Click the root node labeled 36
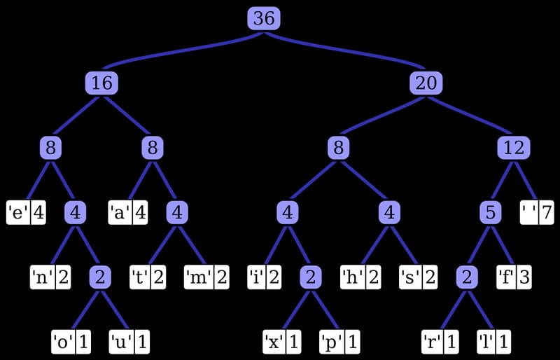coord(264,18)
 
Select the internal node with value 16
coord(101,83)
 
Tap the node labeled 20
coord(426,83)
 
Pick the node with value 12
coord(514,148)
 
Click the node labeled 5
coord(491,212)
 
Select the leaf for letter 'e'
coord(27,212)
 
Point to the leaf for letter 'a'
coord(128,212)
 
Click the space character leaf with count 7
coord(537,212)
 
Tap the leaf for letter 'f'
coord(514,277)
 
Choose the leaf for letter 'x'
coord(283,342)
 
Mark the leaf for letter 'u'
coord(129,342)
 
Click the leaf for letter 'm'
coord(207,277)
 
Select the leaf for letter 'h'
coord(360,277)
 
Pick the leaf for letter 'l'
coord(493,342)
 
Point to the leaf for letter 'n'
coord(50,277)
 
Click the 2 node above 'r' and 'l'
coord(465,277)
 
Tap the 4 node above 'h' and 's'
coord(389,212)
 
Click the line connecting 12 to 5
coord(503,180)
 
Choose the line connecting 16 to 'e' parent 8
coord(76,116)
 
